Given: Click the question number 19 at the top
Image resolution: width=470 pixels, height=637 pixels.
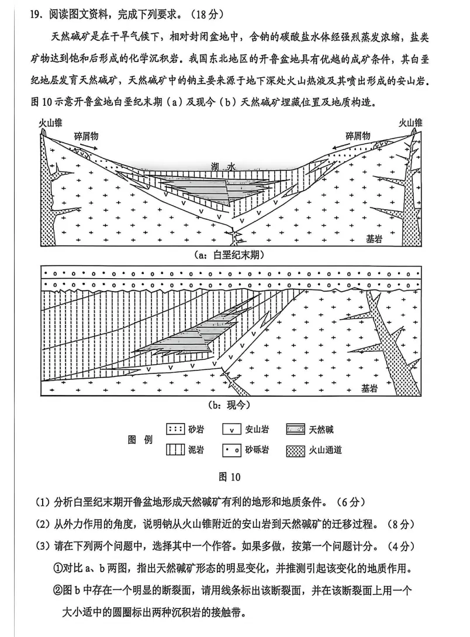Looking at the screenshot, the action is pos(35,13).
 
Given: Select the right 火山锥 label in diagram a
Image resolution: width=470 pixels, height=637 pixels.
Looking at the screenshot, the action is pos(410,123).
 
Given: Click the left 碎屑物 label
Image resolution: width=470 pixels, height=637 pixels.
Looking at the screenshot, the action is pos(86,136).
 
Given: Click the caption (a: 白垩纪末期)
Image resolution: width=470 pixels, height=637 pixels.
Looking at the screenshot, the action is pos(229,255).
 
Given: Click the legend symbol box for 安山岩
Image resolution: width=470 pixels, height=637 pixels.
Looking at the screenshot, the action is pos(232,430).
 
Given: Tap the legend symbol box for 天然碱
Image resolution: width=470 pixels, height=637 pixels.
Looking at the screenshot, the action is pos(297,430).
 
